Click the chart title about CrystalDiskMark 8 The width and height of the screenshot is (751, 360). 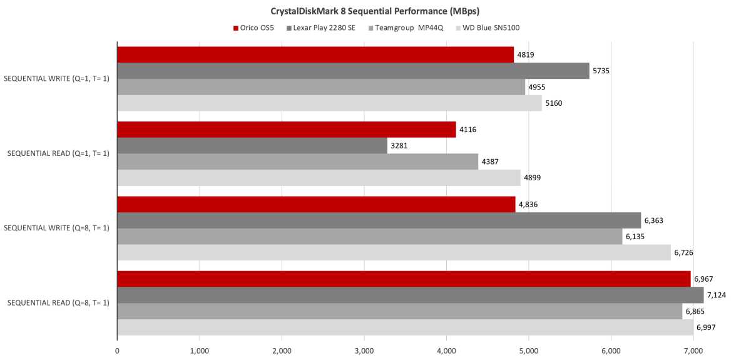(375, 11)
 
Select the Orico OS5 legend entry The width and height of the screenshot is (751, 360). (257, 28)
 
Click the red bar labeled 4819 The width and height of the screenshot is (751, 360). (315, 54)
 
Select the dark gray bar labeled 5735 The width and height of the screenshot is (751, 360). (353, 71)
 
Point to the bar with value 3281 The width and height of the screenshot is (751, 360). (252, 145)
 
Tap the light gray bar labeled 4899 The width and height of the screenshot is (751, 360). (319, 178)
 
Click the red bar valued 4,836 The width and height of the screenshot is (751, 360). (316, 204)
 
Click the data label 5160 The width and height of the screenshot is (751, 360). (553, 103)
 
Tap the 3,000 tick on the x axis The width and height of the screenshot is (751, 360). (364, 351)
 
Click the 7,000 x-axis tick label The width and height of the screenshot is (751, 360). (693, 351)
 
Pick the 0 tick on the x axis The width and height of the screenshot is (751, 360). (117, 351)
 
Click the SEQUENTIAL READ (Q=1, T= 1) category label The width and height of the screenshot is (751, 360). (57, 153)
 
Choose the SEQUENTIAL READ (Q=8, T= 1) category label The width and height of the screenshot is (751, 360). (57, 303)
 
